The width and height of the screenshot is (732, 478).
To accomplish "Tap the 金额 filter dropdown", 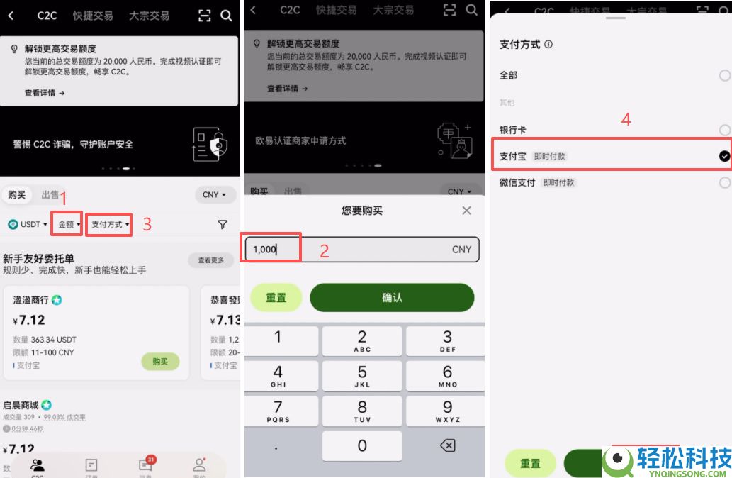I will click(69, 224).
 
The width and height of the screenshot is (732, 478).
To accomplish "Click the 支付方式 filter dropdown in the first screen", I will click(110, 224).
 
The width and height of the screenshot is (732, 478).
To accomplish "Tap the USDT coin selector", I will click(28, 224).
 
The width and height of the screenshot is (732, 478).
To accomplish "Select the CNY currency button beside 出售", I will click(214, 194).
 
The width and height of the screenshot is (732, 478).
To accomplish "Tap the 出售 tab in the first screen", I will click(50, 195).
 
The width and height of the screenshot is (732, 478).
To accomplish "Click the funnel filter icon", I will click(223, 224).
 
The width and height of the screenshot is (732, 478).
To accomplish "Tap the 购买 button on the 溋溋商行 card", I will click(160, 361).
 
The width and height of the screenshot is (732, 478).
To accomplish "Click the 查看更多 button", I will click(210, 260).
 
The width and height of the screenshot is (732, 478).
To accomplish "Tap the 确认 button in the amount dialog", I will click(392, 298).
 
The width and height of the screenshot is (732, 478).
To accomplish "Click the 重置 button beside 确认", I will click(276, 298).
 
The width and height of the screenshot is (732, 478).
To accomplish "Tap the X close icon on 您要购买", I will click(466, 211).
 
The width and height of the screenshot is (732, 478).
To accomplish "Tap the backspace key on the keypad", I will click(447, 445).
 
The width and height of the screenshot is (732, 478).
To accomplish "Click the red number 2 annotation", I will click(324, 250).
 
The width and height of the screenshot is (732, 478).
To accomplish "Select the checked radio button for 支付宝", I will click(724, 156).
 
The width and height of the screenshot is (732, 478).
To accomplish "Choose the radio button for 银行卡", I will click(724, 130).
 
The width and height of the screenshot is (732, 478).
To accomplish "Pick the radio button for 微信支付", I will click(724, 182).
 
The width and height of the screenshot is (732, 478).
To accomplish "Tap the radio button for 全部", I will click(724, 75).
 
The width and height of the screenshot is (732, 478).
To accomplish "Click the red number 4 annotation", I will click(626, 119).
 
